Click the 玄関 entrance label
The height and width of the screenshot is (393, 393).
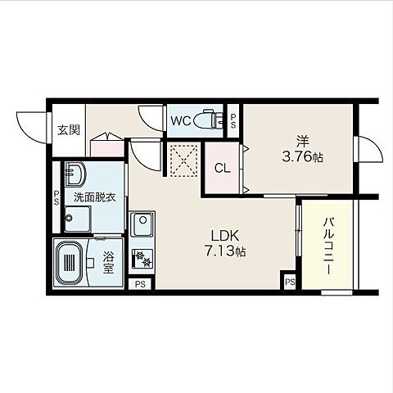(69, 130)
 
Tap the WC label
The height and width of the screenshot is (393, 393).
(181, 121)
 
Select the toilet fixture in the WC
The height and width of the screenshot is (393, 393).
(209, 120)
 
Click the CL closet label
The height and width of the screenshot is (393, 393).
(223, 169)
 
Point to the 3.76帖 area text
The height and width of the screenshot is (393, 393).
(302, 157)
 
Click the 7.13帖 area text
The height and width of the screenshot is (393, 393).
(225, 251)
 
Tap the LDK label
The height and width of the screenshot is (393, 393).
(225, 236)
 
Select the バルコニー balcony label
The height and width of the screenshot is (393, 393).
(329, 246)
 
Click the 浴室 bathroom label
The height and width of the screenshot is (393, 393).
(108, 262)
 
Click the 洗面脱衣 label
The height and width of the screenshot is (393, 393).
(95, 197)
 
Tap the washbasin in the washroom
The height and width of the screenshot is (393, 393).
(75, 174)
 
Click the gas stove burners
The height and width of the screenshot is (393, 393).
(142, 258)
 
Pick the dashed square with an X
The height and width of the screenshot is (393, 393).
(184, 160)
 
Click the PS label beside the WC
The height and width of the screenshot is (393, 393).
(233, 121)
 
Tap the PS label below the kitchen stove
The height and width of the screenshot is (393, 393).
(140, 284)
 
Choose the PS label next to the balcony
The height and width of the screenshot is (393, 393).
(291, 282)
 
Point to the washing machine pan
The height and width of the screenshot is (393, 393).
(78, 219)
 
